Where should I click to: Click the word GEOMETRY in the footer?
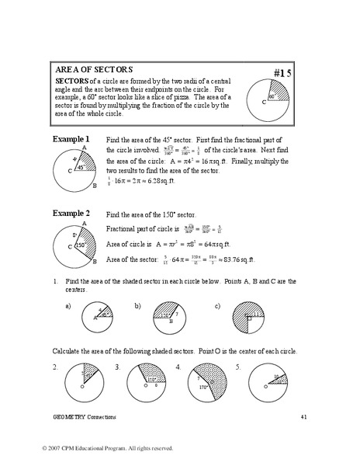coord(68,418)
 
